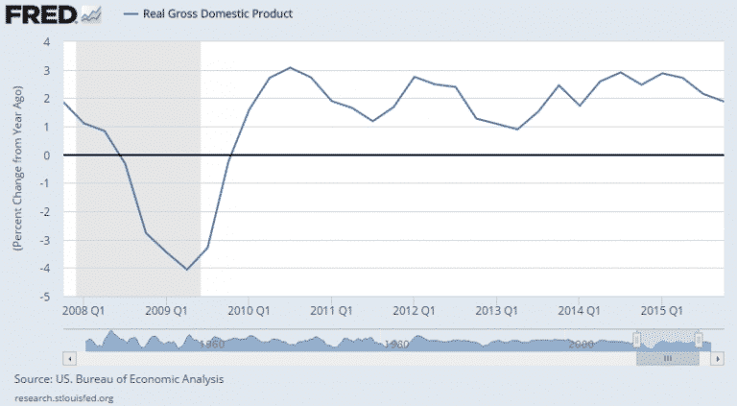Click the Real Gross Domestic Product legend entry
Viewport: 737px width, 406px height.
[x=209, y=14]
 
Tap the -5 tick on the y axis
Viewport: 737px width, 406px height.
[x=44, y=297]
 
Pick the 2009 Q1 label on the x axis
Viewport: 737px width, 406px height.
[x=167, y=311]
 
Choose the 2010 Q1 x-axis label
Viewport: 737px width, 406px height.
[x=249, y=311]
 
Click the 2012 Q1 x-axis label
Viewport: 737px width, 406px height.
[x=414, y=311]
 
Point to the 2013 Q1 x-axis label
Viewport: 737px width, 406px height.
[x=496, y=311]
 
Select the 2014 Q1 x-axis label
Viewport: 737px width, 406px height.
[x=579, y=311]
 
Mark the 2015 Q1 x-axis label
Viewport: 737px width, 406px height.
[x=661, y=311]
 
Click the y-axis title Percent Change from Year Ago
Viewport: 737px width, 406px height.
[x=18, y=169]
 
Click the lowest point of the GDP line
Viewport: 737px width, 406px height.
[x=187, y=270]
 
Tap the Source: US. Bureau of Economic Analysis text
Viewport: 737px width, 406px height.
[x=120, y=379]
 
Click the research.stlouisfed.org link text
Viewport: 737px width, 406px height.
[x=65, y=397]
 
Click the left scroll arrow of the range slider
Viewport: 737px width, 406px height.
[x=68, y=357]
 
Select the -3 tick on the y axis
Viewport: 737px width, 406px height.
[x=44, y=240]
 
